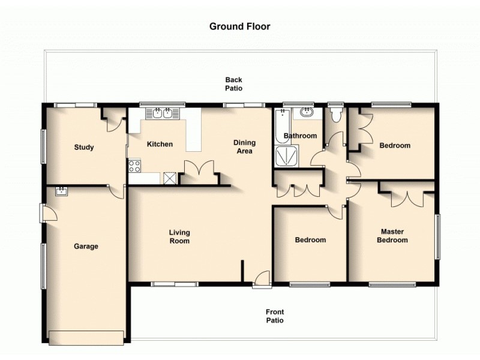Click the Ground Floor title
[x=239, y=26]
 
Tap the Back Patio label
[x=233, y=84]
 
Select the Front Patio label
[x=275, y=316]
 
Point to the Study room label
[x=84, y=148]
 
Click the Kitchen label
[x=160, y=144]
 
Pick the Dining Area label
[x=244, y=147]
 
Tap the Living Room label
[x=179, y=237]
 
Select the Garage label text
[x=86, y=246]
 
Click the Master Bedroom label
[x=392, y=236]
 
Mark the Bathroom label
[x=300, y=136]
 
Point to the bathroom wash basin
[x=307, y=112]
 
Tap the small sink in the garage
[x=61, y=191]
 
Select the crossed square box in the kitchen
[x=170, y=178]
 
